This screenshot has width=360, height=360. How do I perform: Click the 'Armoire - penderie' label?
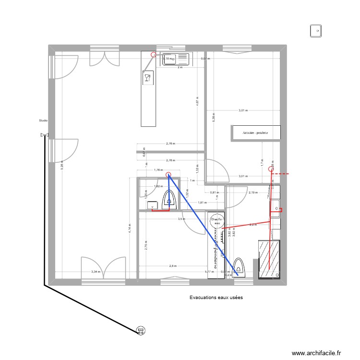click(255, 132)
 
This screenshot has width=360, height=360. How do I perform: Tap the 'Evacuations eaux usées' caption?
click(216, 298)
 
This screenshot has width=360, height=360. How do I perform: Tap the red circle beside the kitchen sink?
click(154, 55)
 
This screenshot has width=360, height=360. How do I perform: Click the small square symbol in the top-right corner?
click(316, 31)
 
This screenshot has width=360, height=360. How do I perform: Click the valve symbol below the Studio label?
click(45, 135)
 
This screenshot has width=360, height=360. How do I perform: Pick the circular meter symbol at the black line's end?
click(141, 330)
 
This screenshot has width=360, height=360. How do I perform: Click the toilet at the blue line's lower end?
click(239, 266)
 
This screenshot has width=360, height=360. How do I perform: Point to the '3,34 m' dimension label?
click(96, 272)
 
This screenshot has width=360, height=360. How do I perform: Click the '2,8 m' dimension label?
click(173, 265)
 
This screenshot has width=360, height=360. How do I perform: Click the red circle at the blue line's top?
click(168, 175)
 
